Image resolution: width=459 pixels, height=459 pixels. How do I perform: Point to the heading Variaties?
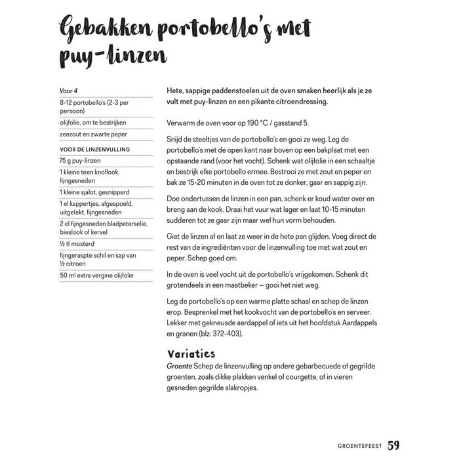[x=191, y=353]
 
